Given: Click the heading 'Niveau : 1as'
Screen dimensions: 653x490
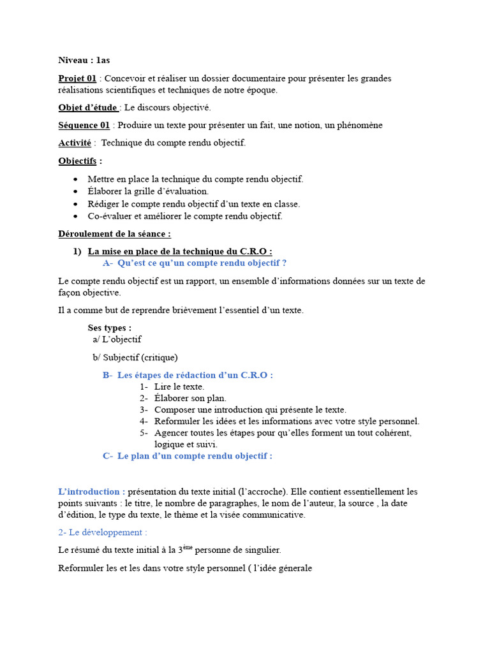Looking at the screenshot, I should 84,61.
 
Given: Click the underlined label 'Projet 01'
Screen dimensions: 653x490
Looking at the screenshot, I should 77,78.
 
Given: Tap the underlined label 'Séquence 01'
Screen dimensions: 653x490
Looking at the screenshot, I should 84,125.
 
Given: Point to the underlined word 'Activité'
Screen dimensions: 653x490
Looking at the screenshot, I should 75,143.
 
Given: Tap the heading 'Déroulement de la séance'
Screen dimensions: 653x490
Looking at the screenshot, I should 114,234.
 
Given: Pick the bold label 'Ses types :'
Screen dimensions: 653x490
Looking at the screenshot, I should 110,328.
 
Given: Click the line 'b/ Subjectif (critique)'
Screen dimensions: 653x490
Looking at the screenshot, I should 135,357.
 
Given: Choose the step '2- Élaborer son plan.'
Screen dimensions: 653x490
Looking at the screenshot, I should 182,398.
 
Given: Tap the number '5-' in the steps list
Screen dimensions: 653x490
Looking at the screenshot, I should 144,433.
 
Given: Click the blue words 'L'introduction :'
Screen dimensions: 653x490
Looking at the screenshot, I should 91,492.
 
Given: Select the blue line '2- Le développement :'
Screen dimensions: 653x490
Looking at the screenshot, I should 103,532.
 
